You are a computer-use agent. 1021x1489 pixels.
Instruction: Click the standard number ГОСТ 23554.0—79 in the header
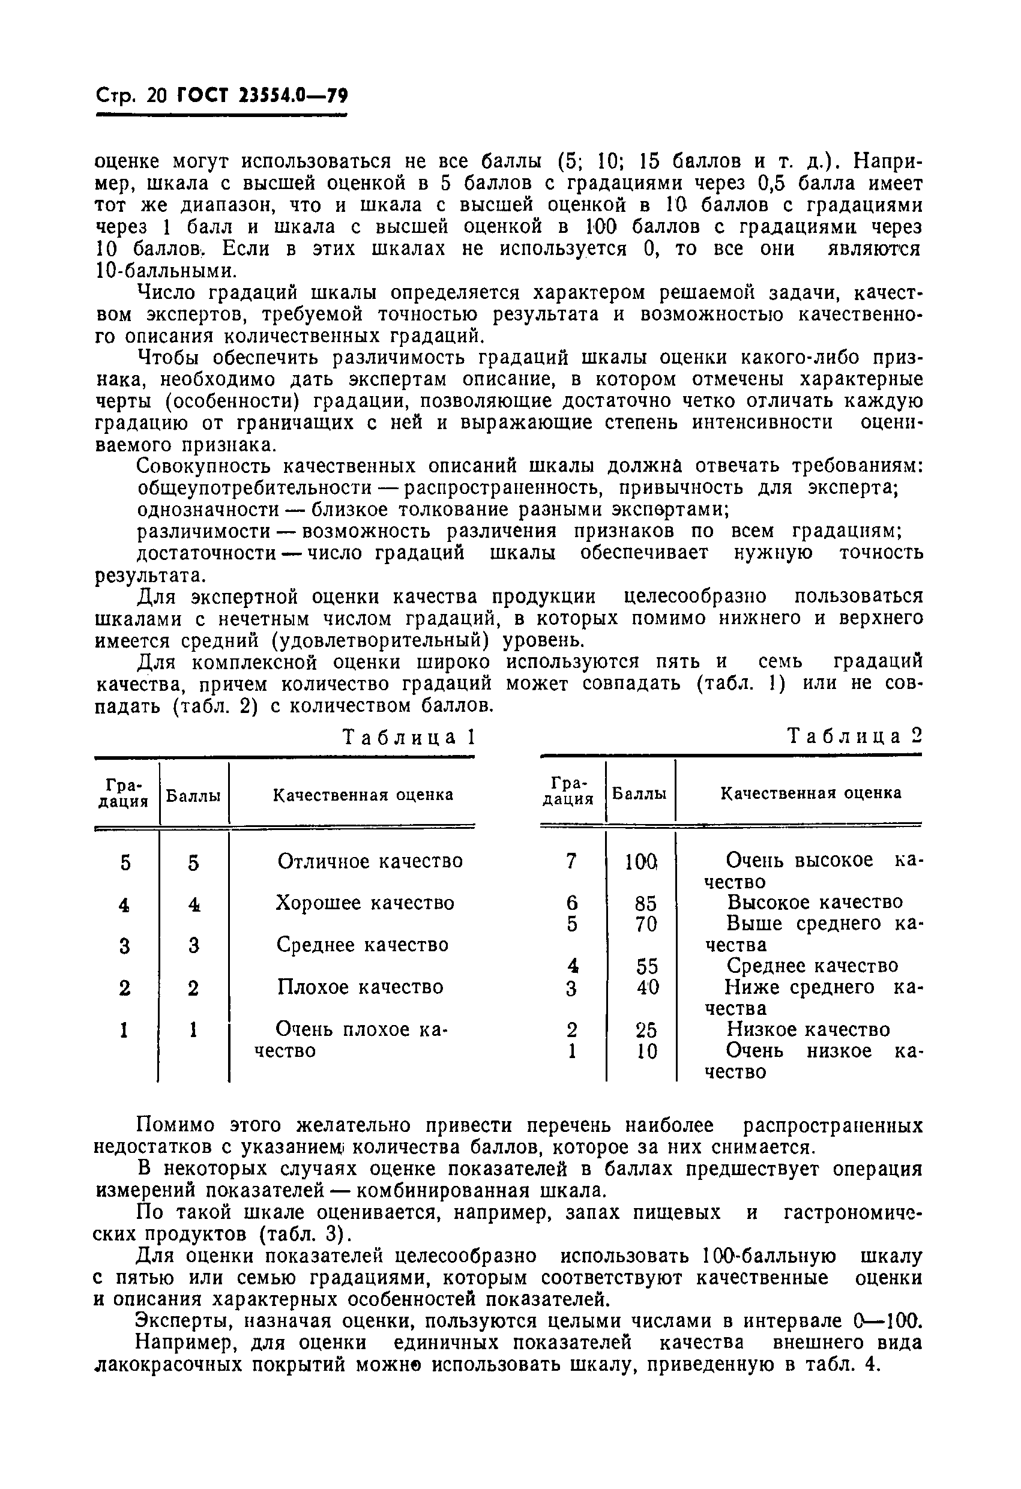tap(262, 96)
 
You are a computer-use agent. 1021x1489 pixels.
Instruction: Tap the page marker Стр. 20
tap(131, 96)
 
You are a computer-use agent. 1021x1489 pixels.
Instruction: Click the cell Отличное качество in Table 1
tap(370, 861)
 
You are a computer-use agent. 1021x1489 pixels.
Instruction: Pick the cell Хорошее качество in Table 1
tap(365, 903)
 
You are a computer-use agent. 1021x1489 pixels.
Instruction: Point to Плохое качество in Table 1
tap(360, 987)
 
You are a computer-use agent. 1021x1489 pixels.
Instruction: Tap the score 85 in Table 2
tap(645, 903)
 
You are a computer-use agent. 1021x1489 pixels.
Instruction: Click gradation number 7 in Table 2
tap(571, 861)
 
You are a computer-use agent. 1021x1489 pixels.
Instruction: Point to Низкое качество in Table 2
tap(808, 1030)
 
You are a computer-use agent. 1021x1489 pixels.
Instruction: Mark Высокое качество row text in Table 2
tap(815, 903)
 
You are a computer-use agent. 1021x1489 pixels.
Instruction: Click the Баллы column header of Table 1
tap(193, 796)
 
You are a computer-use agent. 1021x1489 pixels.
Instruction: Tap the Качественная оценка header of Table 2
tap(811, 793)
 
